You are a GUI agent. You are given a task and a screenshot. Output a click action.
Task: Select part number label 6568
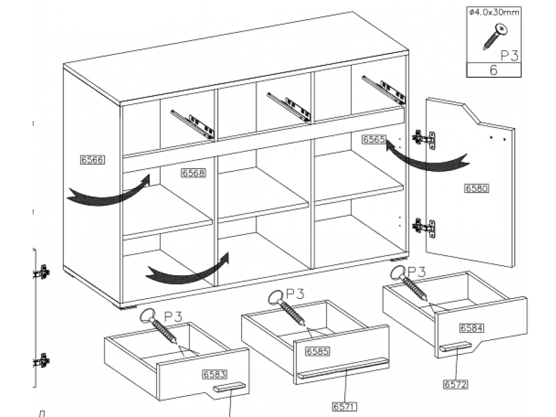[193, 173]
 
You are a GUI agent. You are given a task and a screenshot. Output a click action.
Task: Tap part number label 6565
[374, 139]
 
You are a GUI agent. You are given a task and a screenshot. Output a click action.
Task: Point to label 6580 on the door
[476, 189]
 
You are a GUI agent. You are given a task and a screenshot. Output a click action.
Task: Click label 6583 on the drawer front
[214, 375]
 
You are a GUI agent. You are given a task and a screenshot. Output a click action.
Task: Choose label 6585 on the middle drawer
[317, 351]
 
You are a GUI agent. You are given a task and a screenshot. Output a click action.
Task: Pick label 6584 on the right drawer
[471, 328]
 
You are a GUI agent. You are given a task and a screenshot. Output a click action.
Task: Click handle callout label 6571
[345, 407]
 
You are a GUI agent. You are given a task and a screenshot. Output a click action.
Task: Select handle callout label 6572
[455, 384]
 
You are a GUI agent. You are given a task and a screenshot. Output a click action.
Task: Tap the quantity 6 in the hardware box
[493, 70]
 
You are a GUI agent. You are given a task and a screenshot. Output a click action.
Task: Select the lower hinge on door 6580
[425, 226]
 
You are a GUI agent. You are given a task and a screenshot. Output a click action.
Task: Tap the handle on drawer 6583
[229, 388]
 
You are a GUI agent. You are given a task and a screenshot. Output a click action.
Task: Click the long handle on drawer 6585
[342, 369]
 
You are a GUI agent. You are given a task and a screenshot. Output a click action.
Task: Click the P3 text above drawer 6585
[295, 294]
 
